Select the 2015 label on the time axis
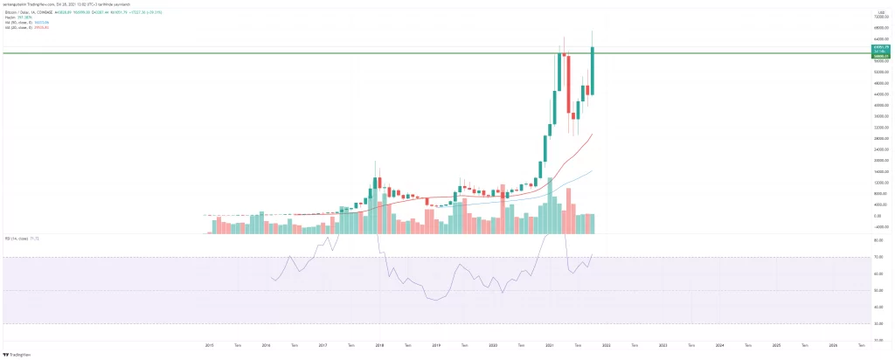click(210, 345)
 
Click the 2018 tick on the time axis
click(379, 345)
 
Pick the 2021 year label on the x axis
click(550, 345)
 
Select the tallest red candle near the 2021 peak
click(568, 83)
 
